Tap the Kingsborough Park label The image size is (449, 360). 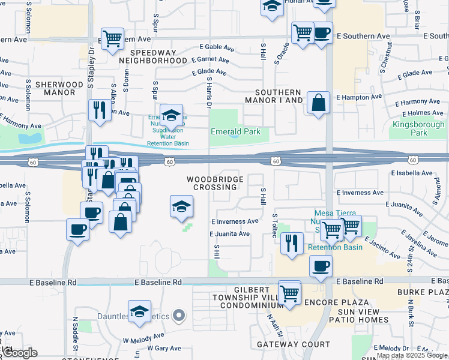coord(418,129)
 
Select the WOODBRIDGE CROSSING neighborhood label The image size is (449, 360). coord(215,183)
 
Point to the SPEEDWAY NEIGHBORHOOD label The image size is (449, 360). coord(153,56)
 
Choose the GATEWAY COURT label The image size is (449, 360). coord(293,344)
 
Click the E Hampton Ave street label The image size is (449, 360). coord(359,97)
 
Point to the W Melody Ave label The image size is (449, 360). coord(144,337)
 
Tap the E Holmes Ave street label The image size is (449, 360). coord(423,113)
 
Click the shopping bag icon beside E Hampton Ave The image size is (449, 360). coord(318,103)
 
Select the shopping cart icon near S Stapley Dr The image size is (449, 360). coord(112,39)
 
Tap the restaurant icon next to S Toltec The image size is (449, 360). coord(291,243)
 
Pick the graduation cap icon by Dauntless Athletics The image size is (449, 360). coord(139,311)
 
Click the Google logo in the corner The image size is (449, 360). coord(20,353)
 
